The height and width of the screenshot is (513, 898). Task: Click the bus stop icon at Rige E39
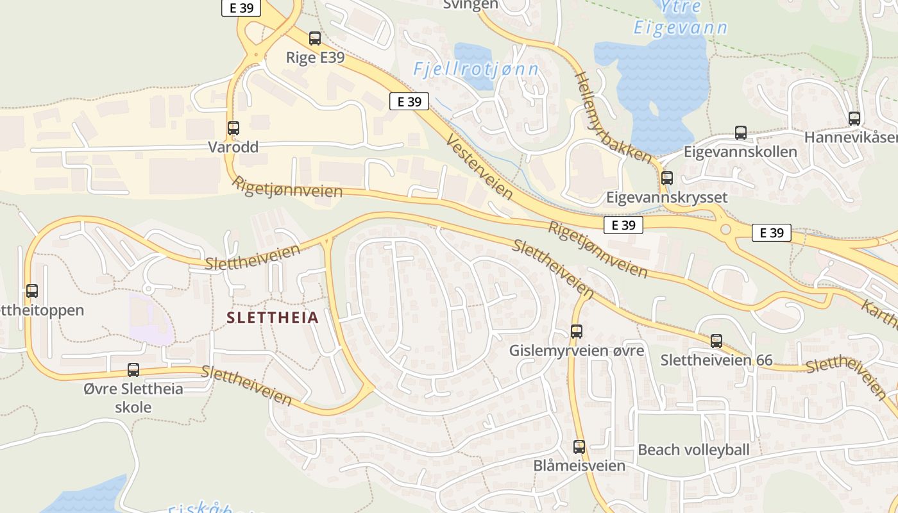click(315, 38)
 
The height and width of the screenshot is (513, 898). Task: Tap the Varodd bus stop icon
click(233, 128)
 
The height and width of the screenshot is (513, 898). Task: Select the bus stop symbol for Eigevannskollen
click(741, 133)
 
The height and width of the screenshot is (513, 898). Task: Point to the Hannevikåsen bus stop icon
click(854, 119)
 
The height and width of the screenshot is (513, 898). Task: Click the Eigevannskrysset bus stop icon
click(667, 178)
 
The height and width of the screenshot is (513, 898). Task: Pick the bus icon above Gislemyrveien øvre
click(577, 332)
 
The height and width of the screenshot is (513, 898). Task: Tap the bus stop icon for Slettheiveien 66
click(716, 341)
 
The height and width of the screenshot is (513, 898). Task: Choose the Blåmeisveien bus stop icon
click(579, 447)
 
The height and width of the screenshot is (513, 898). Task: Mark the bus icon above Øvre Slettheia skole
click(133, 370)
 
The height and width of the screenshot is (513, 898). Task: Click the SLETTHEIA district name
click(273, 318)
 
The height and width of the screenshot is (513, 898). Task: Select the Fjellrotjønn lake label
click(476, 69)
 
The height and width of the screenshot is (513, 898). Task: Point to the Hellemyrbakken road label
click(613, 117)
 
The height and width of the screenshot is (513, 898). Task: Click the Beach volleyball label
click(693, 450)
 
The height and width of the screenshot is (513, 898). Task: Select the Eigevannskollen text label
click(740, 152)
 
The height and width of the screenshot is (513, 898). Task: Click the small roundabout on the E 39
click(725, 229)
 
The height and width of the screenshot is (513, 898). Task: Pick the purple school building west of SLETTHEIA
click(151, 319)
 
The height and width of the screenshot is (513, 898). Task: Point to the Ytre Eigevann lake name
click(681, 18)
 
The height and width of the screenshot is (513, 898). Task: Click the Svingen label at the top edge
click(471, 4)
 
